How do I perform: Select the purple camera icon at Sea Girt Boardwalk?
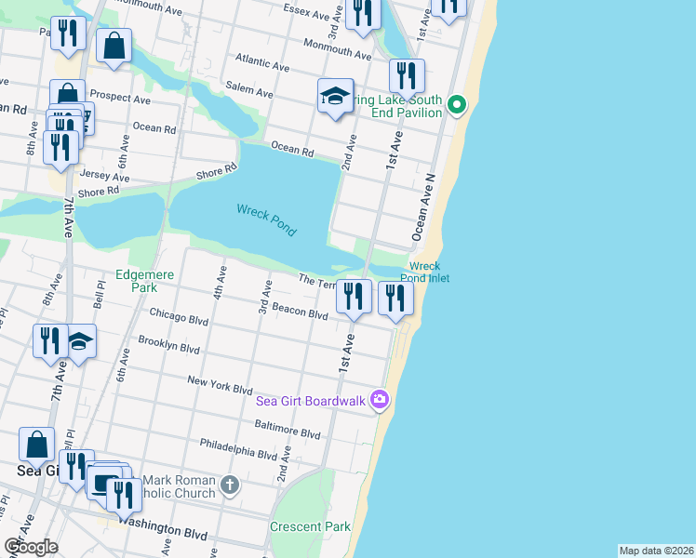[x=379, y=400]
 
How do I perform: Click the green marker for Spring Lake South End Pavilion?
[x=456, y=104]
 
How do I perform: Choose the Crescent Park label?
[x=310, y=526]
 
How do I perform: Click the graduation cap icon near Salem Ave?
[x=335, y=97]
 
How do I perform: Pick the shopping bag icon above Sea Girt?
[x=36, y=445]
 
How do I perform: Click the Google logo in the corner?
[x=31, y=546]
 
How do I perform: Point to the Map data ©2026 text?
[x=656, y=551]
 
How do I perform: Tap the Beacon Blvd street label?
[x=299, y=313]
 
